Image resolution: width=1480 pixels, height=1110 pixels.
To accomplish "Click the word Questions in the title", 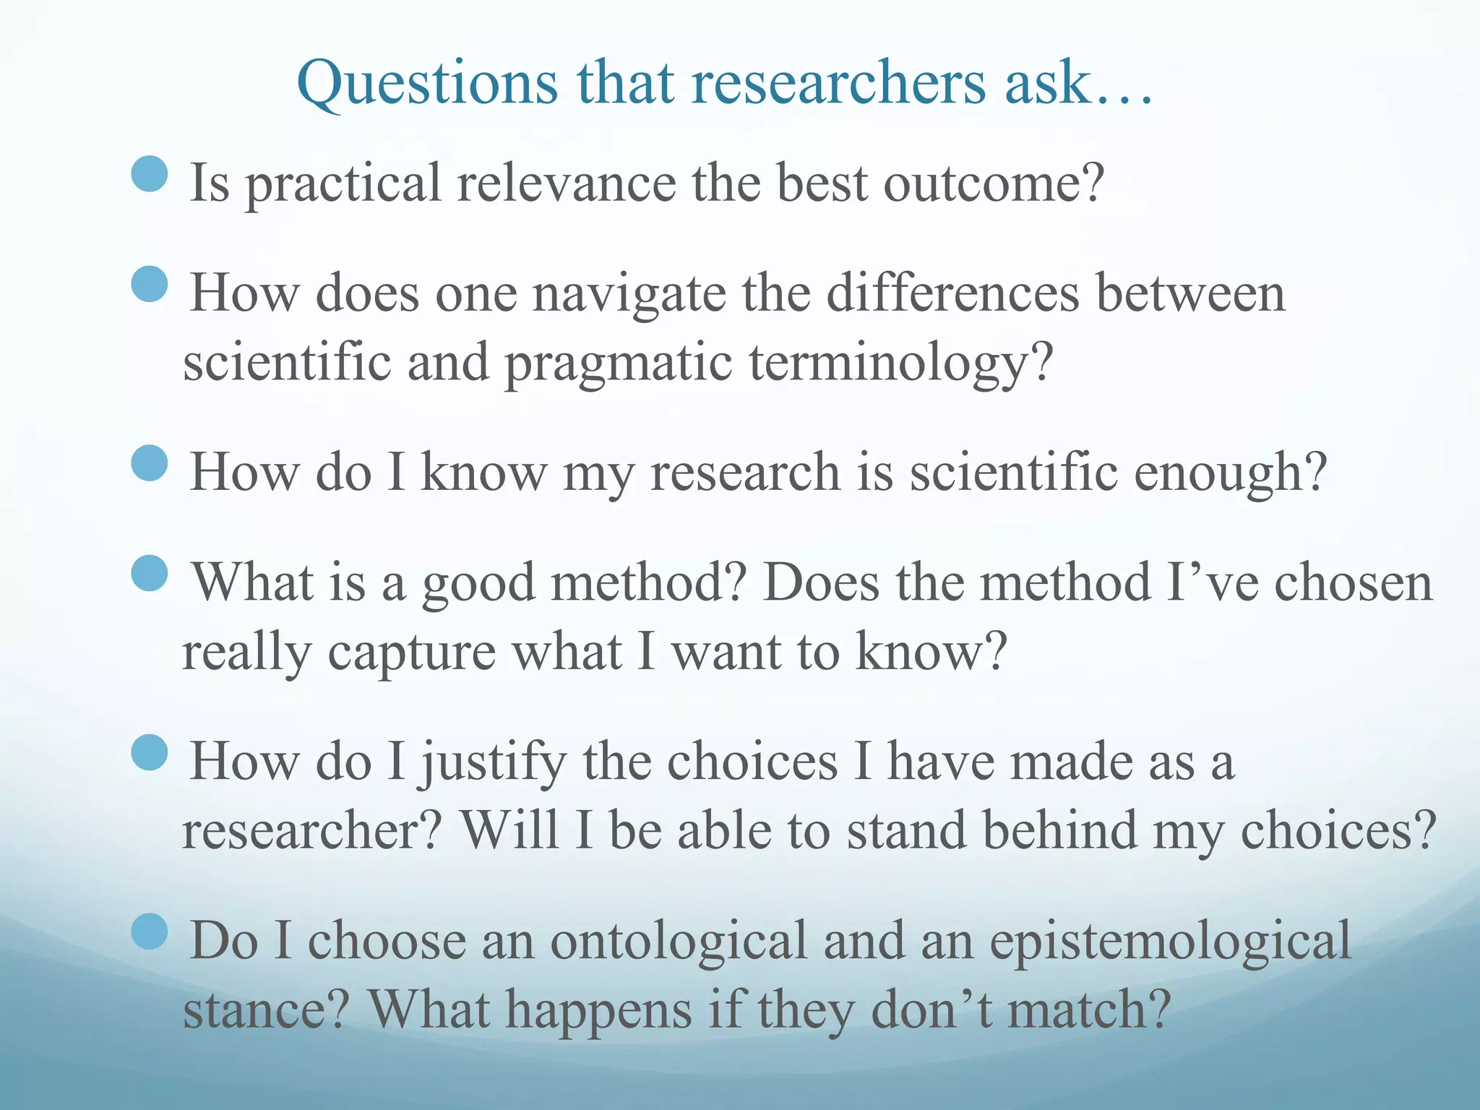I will pyautogui.click(x=427, y=83).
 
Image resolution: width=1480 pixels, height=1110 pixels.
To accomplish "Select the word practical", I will pyautogui.click(x=343, y=184).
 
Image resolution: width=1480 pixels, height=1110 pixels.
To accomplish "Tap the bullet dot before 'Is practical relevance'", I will pyautogui.click(x=150, y=174).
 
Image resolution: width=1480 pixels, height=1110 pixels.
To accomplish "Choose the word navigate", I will pyautogui.click(x=629, y=295).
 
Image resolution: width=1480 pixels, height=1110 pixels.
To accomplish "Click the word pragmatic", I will pyautogui.click(x=618, y=363).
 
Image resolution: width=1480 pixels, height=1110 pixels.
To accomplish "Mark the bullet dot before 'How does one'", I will pyautogui.click(x=150, y=284).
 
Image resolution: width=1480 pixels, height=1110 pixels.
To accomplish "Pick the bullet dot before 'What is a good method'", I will pyautogui.click(x=150, y=573).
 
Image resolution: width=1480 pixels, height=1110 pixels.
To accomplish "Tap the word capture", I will pyautogui.click(x=412, y=653).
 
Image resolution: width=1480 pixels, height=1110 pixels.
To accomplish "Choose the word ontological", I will pyautogui.click(x=679, y=941).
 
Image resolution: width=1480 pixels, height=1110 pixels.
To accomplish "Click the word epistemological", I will pyautogui.click(x=1170, y=942).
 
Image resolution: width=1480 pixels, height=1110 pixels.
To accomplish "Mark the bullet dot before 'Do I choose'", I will pyautogui.click(x=150, y=932).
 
